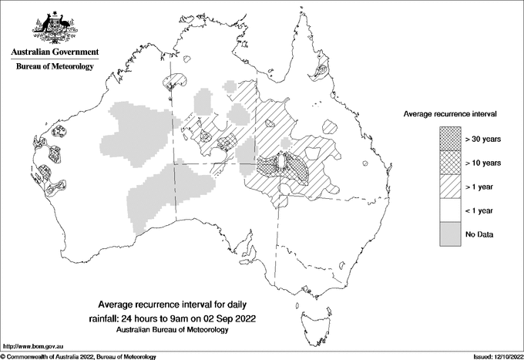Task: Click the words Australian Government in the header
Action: point(54,52)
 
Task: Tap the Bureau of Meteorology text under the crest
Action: point(55,67)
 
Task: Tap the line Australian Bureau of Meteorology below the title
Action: point(173,330)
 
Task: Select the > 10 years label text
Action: point(484,163)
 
